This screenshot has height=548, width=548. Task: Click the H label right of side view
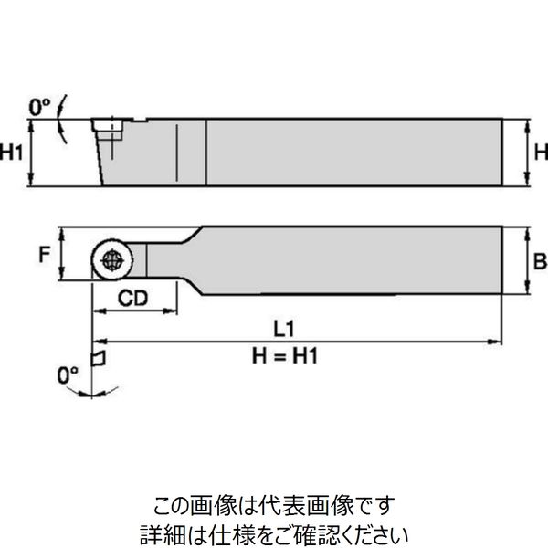pyautogui.click(x=540, y=151)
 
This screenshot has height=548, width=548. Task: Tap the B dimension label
pyautogui.click(x=539, y=262)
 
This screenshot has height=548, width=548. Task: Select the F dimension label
pyautogui.click(x=44, y=257)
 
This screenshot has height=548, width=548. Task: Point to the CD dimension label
pyautogui.click(x=133, y=297)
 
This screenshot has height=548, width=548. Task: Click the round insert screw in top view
pyautogui.click(x=110, y=259)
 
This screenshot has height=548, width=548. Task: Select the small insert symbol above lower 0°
pyautogui.click(x=100, y=353)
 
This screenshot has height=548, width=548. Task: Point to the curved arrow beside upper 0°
pyautogui.click(x=60, y=120)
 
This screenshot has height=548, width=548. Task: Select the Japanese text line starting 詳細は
pyautogui.click(x=273, y=531)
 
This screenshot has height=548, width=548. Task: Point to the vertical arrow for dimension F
pyautogui.click(x=60, y=256)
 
